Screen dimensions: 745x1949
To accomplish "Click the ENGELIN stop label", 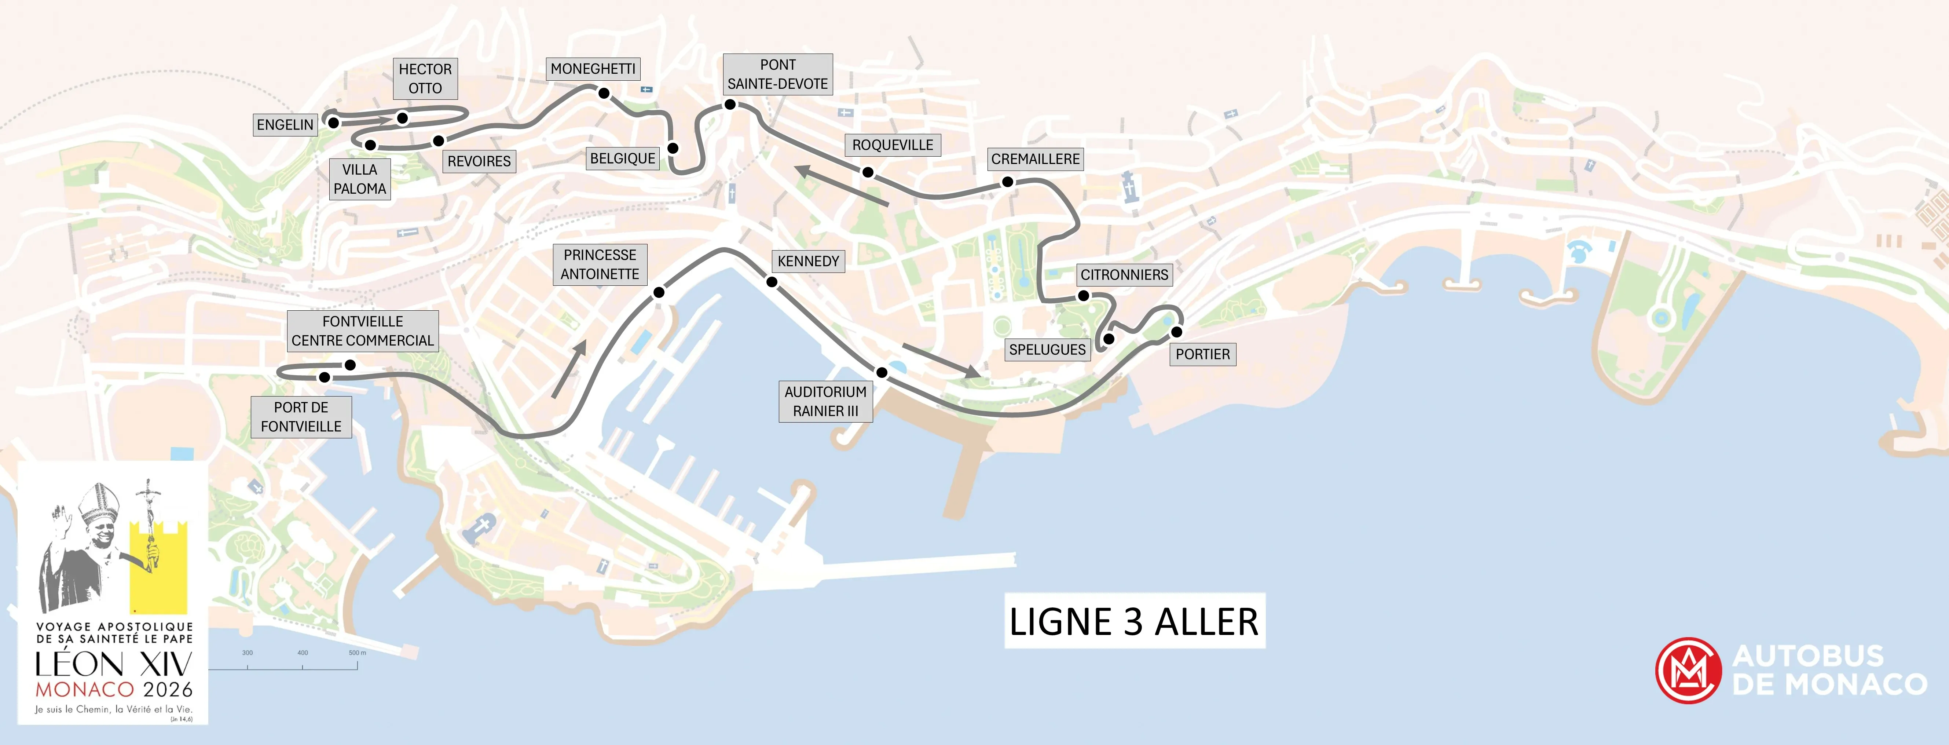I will tap(285, 125).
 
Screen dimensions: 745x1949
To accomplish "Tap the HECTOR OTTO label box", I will tap(425, 79).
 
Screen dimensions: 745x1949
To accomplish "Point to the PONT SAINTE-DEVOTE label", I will tap(778, 74).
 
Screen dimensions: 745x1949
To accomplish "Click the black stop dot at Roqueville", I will tap(868, 173).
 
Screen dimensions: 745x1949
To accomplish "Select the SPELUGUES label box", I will tap(1047, 350).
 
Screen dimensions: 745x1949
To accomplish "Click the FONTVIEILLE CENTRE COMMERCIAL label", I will tap(362, 331).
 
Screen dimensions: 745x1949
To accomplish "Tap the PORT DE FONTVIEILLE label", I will tap(301, 417).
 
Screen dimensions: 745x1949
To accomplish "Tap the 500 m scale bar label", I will tap(357, 653).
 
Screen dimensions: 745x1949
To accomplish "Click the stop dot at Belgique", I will tap(673, 149).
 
